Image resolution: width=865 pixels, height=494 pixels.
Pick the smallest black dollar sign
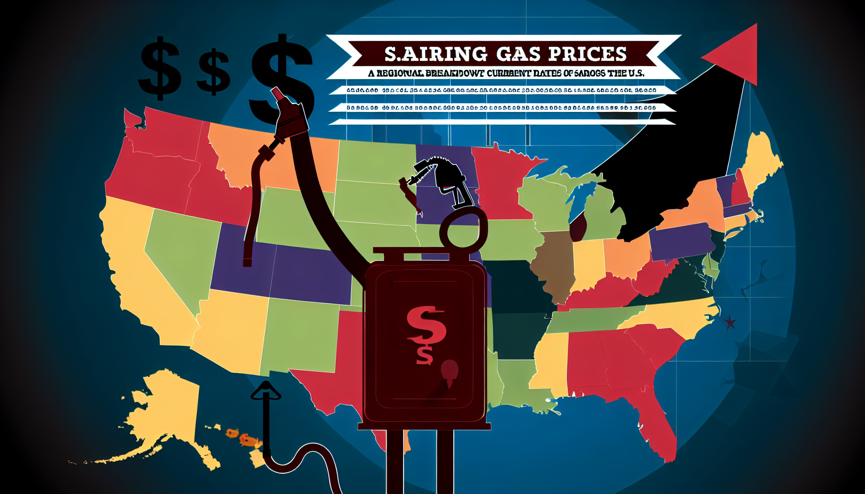point(213,72)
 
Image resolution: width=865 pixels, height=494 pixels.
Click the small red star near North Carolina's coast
point(730,321)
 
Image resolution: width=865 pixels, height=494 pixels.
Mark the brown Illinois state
point(553,263)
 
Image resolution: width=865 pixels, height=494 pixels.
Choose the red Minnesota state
point(497,183)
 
